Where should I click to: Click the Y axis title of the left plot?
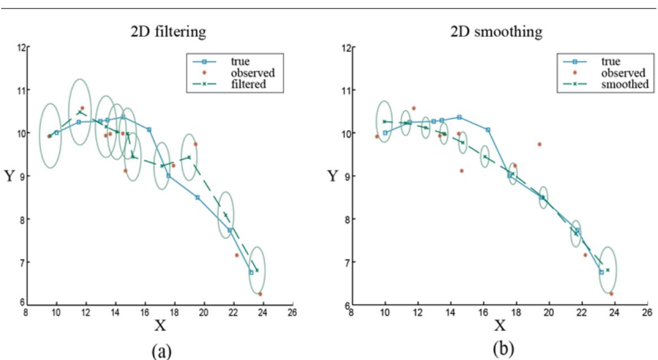10,176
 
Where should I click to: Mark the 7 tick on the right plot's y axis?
344,262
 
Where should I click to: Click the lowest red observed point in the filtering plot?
260,294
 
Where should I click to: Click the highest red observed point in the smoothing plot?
413,108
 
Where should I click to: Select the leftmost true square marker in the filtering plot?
57,133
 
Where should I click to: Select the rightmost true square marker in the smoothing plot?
601,272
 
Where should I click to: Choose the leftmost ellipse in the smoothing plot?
384,121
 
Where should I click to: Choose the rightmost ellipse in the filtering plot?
257,270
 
